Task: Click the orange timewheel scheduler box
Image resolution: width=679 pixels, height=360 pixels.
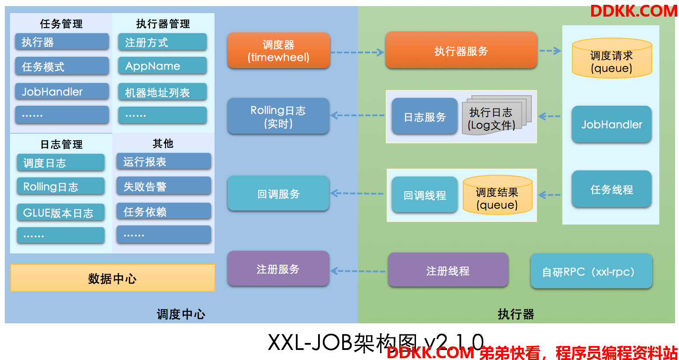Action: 278,50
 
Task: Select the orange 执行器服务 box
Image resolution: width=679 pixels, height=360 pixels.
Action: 461,50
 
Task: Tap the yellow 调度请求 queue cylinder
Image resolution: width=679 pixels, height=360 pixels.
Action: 612,59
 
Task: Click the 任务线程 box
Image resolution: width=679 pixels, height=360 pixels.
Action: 611,189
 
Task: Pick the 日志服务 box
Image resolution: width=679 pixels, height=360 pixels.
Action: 424,116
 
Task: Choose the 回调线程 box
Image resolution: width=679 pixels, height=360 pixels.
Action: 424,195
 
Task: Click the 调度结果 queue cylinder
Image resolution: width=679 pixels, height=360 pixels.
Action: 497,196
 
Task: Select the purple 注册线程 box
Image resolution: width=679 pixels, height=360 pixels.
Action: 448,270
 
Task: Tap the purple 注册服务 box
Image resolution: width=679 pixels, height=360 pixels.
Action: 278,269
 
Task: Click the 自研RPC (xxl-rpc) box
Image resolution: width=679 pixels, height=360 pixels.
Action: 591,271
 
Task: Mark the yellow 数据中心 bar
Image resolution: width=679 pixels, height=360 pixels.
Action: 112,278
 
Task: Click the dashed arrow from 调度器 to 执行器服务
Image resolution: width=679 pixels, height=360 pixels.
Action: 357,52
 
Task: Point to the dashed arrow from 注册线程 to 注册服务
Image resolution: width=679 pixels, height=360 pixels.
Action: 358,271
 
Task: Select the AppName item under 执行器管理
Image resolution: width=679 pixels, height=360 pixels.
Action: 162,66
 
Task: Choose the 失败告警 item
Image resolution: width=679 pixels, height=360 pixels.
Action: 163,186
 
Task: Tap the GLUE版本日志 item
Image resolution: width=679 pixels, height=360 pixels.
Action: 61,213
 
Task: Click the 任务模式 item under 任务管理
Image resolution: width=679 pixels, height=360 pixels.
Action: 62,66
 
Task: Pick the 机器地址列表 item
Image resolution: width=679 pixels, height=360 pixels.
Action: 162,92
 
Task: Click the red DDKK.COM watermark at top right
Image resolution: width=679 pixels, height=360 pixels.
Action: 633,11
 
